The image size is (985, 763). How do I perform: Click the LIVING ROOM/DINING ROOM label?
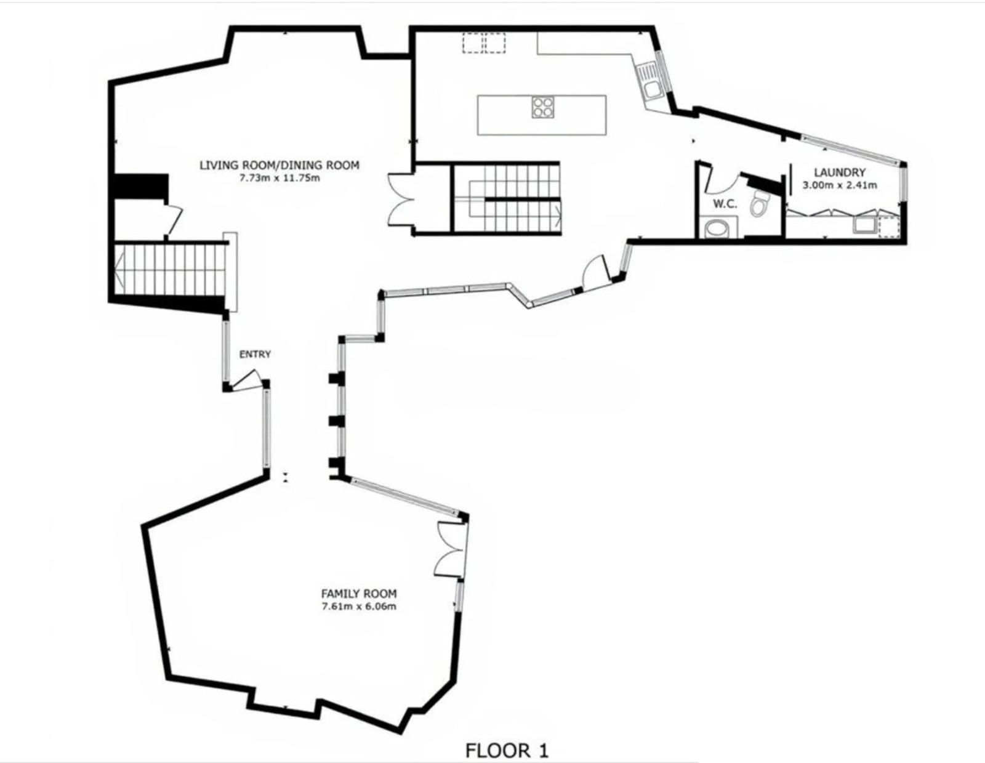click(279, 165)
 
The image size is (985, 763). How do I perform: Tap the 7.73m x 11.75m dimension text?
click(279, 178)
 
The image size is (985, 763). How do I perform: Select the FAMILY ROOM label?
click(358, 594)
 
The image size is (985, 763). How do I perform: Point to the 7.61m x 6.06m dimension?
click(358, 607)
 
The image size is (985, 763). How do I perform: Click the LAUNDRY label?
click(840, 172)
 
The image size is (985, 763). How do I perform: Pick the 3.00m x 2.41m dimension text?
click(840, 185)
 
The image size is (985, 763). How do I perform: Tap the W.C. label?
click(725, 204)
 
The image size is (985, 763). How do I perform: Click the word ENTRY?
click(255, 354)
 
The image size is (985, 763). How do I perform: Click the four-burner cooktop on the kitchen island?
click(542, 107)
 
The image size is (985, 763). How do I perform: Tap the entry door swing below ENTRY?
click(247, 381)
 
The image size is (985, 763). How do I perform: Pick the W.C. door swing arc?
click(723, 182)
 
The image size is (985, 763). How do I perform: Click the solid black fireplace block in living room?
click(141, 186)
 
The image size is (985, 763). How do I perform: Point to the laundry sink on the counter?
click(864, 225)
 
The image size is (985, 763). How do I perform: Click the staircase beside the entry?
click(171, 270)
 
